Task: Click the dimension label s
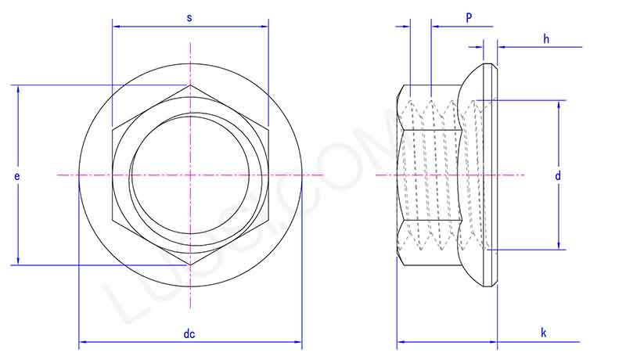tap(190, 16)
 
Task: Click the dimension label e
tap(17, 176)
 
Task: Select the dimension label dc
tap(189, 334)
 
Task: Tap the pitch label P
tap(469, 17)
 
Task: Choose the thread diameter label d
tap(558, 176)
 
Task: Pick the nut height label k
tap(544, 333)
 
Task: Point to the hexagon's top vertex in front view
tap(189, 85)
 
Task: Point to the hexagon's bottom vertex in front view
tap(189, 265)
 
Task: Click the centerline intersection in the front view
tap(189, 175)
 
